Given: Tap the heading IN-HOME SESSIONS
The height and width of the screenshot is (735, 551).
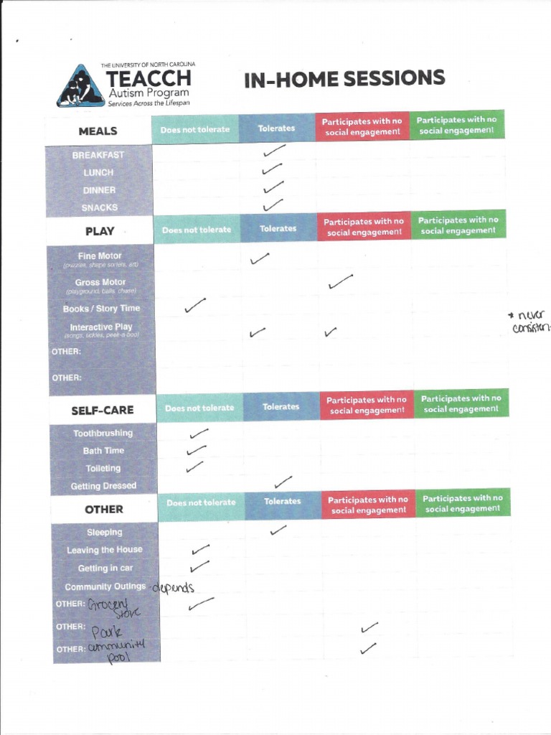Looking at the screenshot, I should pos(344,79).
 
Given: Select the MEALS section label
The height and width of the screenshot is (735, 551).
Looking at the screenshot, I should pos(98,131).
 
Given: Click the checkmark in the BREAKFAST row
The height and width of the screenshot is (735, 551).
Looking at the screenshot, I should pos(273,151).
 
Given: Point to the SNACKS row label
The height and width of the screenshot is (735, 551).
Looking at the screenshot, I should pos(99,208).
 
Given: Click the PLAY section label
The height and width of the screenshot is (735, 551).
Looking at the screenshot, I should pos(100,231).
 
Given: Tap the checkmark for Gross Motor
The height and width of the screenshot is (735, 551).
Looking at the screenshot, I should pos(341,281).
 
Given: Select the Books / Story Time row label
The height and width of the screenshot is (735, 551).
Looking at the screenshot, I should pos(101,309).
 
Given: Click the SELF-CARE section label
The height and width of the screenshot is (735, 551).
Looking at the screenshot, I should pos(102,411).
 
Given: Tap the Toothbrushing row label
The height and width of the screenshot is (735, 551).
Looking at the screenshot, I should pos(103,434).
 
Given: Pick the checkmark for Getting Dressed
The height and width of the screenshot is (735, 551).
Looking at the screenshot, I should pos(283,481).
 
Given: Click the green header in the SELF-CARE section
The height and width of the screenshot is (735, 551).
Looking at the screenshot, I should pos(461,403).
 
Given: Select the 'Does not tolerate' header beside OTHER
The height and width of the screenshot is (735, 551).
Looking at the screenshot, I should pos(201,502).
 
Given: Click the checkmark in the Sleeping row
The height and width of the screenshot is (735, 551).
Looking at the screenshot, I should pos(278,530).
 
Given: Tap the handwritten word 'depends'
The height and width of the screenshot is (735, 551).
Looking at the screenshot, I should pos(173,588).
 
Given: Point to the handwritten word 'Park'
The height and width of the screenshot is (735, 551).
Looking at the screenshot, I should pos(107,632).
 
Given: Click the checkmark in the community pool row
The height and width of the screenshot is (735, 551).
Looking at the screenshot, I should pos(369,649).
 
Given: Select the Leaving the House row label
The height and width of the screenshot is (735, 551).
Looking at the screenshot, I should pos(105,550).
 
